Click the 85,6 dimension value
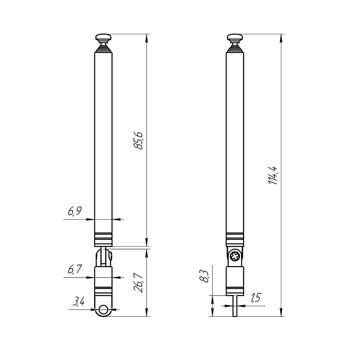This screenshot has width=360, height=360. (139, 141)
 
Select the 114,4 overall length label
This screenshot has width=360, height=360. (273, 175)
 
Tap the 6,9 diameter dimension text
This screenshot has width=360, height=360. (75, 211)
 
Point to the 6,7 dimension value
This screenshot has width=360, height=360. (75, 269)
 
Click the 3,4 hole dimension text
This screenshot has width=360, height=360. (78, 301)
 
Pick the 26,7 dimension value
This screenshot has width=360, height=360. (139, 283)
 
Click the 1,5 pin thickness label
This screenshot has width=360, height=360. (256, 298)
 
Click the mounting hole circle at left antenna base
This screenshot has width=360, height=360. (103, 310)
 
